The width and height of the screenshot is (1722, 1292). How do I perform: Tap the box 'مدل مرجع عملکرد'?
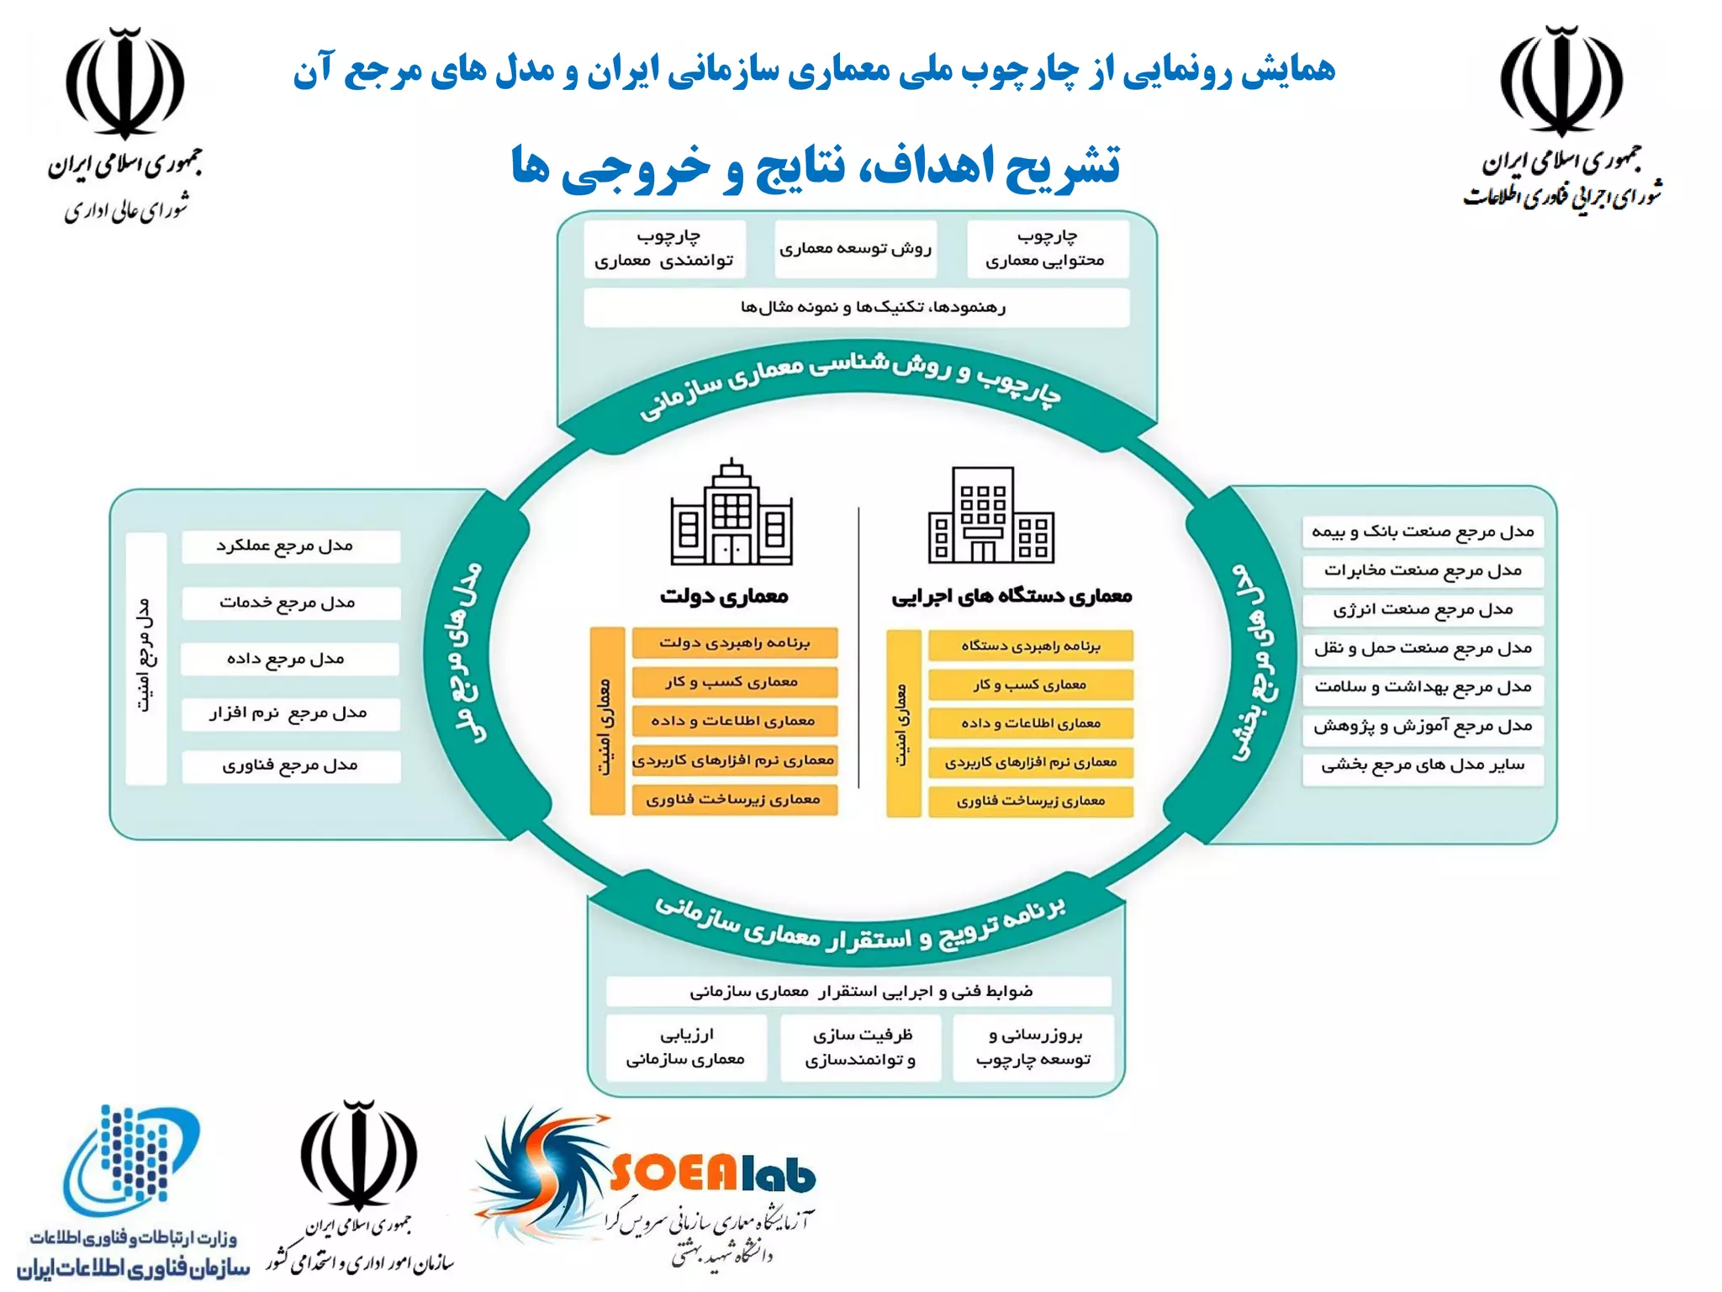[x=290, y=546]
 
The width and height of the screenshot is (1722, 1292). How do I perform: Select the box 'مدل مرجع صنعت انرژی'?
[x=1423, y=610]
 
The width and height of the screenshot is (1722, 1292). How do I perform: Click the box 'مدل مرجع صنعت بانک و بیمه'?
[x=1423, y=532]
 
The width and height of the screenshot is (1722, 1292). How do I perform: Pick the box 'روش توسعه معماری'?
[x=855, y=249]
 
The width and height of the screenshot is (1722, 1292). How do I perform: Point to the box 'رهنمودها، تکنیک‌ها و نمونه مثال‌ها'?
[x=856, y=308]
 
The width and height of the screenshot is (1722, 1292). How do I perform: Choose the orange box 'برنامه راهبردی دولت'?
[x=734, y=643]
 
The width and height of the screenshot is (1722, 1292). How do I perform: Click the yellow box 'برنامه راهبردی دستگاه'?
[x=1031, y=646]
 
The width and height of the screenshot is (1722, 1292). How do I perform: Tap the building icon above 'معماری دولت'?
[x=732, y=513]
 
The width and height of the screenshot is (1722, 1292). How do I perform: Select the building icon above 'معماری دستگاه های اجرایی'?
[x=990, y=515]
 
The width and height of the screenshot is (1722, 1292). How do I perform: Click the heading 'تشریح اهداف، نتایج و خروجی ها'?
[x=816, y=166]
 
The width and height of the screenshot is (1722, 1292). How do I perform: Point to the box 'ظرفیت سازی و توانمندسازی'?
[x=861, y=1047]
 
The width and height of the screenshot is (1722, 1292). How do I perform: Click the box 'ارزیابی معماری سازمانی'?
[x=686, y=1047]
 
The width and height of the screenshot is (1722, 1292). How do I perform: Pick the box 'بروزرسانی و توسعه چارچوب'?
[x=1033, y=1047]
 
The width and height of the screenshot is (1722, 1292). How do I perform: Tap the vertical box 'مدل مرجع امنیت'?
[x=145, y=658]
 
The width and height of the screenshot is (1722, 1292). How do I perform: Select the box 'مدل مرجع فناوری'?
[x=290, y=766]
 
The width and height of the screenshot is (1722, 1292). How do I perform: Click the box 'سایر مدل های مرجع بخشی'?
[x=1423, y=765]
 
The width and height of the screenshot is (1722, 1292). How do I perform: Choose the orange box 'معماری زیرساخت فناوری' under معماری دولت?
[x=734, y=800]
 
